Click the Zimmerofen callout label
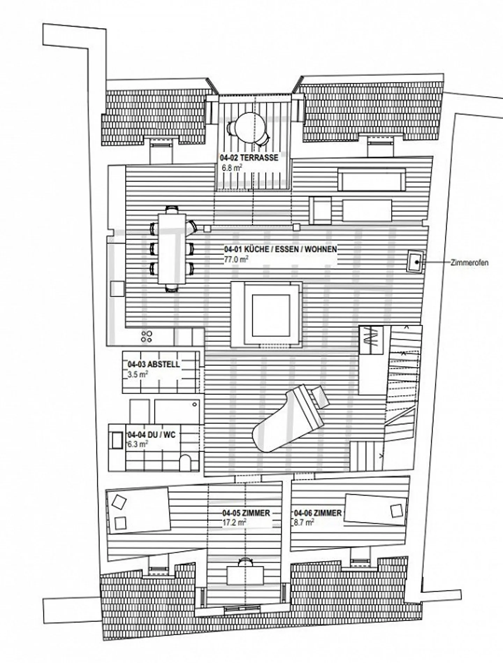tap(469, 263)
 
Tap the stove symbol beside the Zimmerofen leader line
tap(416, 261)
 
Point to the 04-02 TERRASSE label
tap(249, 158)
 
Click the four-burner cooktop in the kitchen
tap(147, 336)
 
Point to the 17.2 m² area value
tap(234, 523)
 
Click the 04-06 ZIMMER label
tap(318, 513)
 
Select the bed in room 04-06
tap(376, 510)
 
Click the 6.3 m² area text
tap(138, 444)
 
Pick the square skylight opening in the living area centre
tap(271, 315)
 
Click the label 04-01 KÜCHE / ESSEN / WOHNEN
tap(280, 249)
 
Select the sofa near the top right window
tap(371, 179)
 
